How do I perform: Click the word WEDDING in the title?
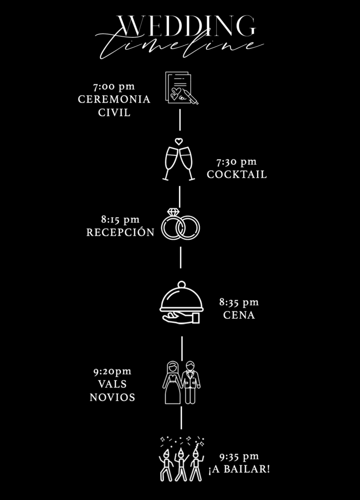[x=186, y=25]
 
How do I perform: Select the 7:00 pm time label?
[x=114, y=87]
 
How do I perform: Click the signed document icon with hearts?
[x=181, y=88]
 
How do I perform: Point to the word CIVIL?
[x=114, y=113]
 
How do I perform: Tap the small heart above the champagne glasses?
[x=179, y=142]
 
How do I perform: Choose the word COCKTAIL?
[x=237, y=174]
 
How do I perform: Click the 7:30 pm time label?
[x=236, y=162]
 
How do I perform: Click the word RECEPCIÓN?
[x=120, y=232]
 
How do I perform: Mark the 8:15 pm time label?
[x=120, y=220]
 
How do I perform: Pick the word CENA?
[x=239, y=315]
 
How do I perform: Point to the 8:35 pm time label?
[x=239, y=303]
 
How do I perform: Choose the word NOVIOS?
[x=112, y=397]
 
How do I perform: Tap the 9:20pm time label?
[x=112, y=372]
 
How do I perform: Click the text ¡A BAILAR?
[x=239, y=469]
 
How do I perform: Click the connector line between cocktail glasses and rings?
[x=180, y=196]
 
